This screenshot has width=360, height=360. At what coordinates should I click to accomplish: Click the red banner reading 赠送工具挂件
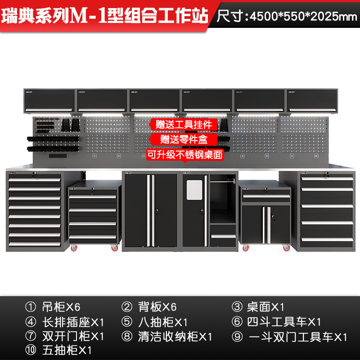point(184,124)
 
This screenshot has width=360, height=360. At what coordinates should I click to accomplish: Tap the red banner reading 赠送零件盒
point(184,139)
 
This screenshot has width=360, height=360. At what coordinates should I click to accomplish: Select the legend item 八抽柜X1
point(162,322)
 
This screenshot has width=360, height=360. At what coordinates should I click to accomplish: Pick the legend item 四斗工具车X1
point(283,322)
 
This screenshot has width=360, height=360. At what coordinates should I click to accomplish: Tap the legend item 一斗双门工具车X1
point(297,337)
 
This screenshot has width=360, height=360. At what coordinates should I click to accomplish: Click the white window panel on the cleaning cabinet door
point(195,189)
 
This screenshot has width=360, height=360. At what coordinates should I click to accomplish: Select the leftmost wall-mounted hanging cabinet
point(49,100)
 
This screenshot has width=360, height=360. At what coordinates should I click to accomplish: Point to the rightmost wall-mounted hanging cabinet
point(311,100)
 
